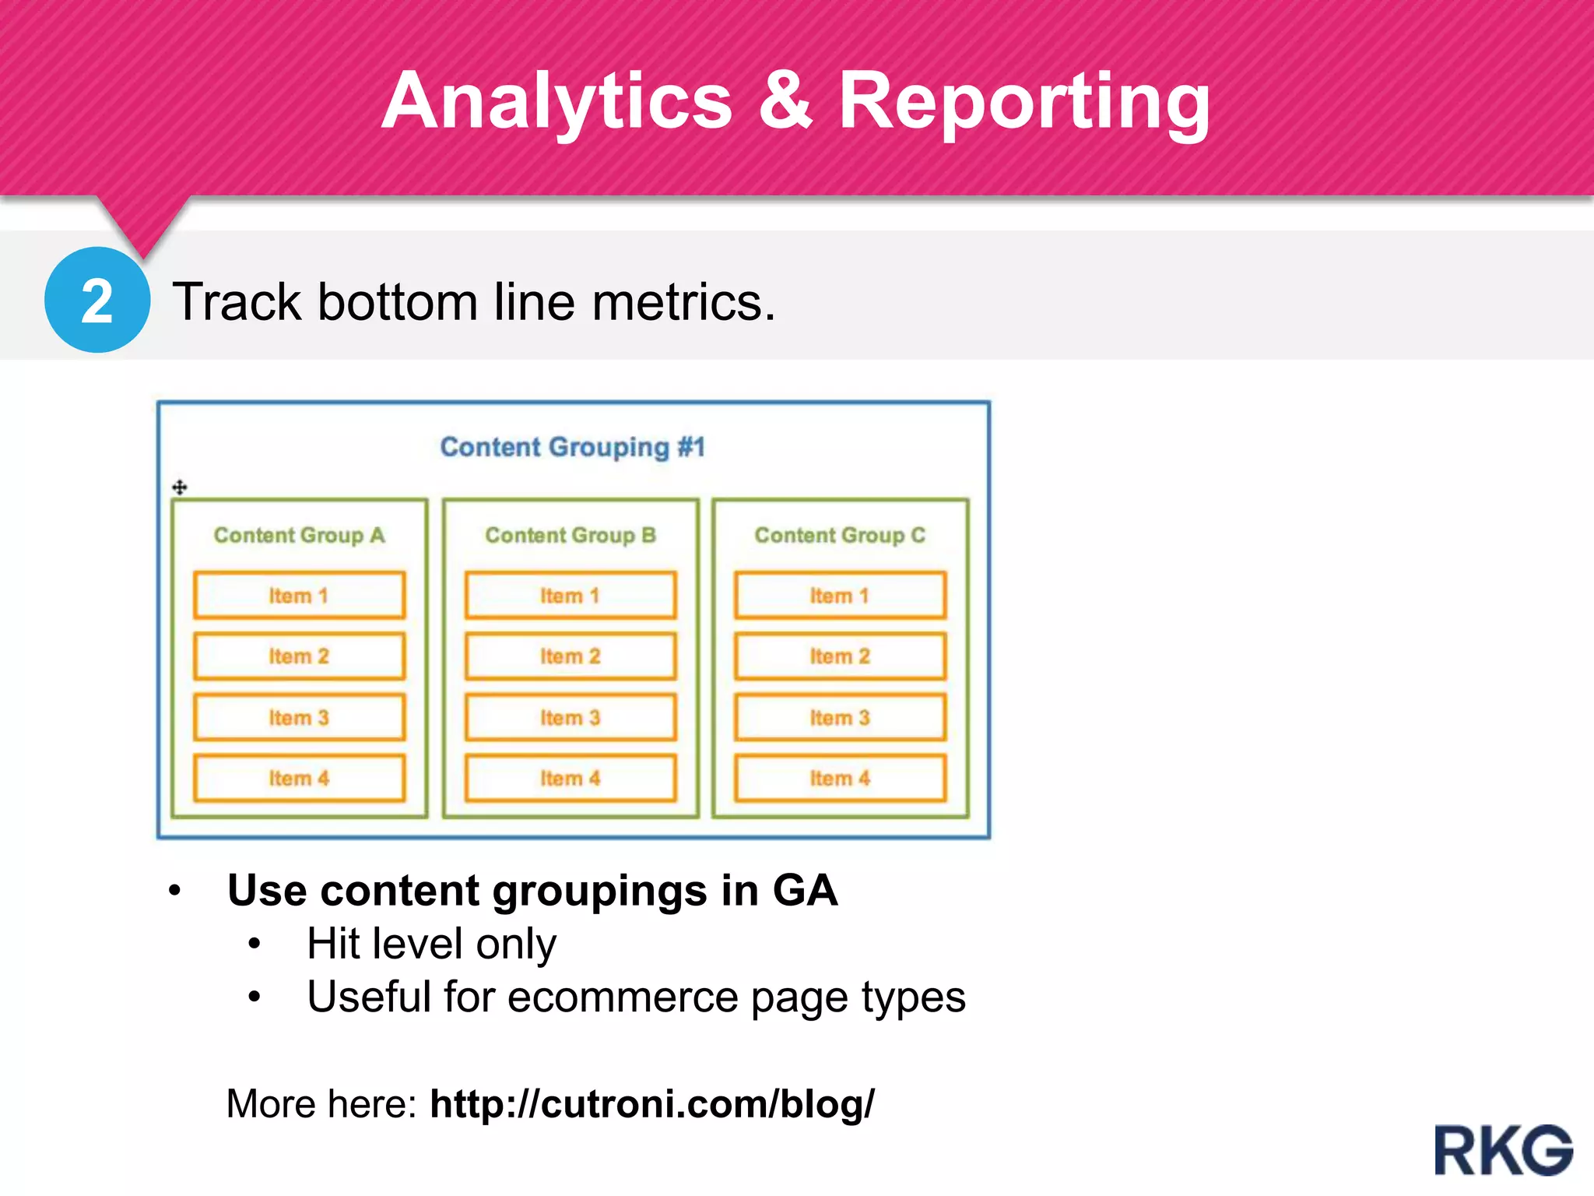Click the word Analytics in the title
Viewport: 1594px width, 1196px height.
click(556, 101)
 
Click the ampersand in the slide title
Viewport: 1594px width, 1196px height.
click(785, 101)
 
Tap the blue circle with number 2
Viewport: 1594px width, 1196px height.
click(97, 301)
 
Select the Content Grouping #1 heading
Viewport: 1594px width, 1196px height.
click(572, 447)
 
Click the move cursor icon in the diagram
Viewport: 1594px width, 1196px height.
click(180, 487)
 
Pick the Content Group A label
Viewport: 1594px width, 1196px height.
click(299, 536)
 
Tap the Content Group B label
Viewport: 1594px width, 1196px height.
click(571, 536)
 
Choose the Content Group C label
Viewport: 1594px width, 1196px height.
click(840, 536)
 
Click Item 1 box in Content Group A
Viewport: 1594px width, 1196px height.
click(299, 596)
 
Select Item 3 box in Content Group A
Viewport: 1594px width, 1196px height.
click(299, 717)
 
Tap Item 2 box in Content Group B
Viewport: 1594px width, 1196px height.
click(571, 656)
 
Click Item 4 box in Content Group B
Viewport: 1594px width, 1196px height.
click(571, 778)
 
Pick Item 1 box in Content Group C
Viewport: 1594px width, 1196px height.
click(840, 596)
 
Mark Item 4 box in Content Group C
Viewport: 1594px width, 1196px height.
click(840, 778)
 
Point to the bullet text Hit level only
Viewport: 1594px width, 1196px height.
click(431, 944)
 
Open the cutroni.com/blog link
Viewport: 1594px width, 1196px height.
click(651, 1104)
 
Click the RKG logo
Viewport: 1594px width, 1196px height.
click(1503, 1150)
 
